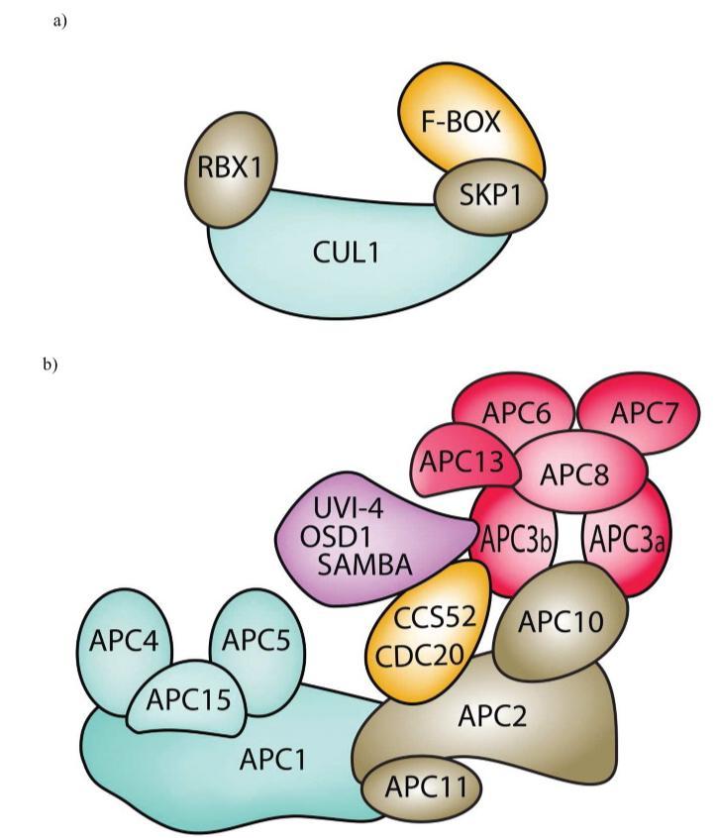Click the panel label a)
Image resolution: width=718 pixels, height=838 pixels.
point(58,21)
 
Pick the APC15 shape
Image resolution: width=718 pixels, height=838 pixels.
point(189,699)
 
